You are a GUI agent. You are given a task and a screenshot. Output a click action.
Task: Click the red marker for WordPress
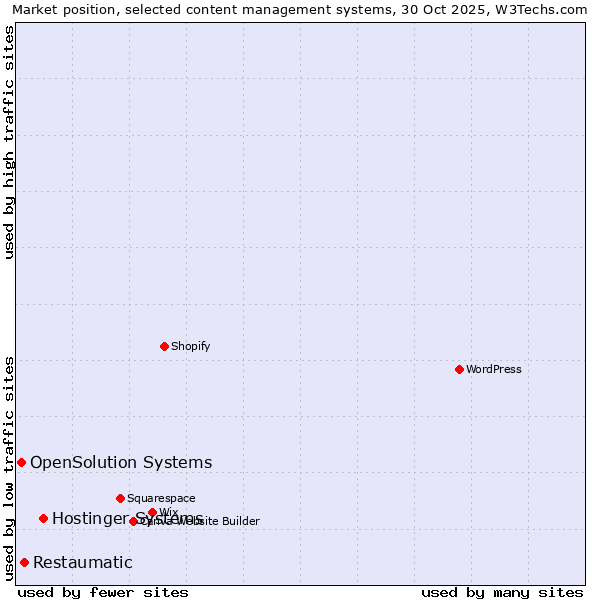[x=459, y=369]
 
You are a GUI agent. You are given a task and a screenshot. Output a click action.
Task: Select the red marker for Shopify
[x=164, y=346]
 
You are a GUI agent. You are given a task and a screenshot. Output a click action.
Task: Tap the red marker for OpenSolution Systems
[x=21, y=462]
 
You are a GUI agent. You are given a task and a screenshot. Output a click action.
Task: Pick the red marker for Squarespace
[x=120, y=498]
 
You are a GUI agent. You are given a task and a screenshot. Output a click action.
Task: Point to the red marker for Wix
[x=152, y=512]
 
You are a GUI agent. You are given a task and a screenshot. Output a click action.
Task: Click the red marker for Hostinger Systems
[x=43, y=518]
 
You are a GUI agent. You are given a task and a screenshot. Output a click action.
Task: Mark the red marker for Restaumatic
[x=24, y=562]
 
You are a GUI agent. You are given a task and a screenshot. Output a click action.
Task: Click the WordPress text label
[x=494, y=369]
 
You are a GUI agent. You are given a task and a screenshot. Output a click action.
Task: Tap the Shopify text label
[x=190, y=346]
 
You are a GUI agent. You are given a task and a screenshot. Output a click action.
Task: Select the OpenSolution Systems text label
[x=121, y=462]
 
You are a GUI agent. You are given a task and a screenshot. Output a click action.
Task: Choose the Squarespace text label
[x=161, y=498]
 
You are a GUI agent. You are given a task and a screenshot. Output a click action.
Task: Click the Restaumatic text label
[x=82, y=562]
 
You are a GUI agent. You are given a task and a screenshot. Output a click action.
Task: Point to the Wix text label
[x=169, y=512]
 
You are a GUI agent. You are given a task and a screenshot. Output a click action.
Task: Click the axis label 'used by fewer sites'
[x=103, y=592]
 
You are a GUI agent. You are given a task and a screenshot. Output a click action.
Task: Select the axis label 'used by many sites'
[x=502, y=592]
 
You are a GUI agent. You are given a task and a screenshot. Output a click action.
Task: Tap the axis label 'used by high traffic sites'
[x=9, y=142]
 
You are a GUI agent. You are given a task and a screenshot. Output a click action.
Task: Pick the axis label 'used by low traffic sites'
[x=9, y=468]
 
